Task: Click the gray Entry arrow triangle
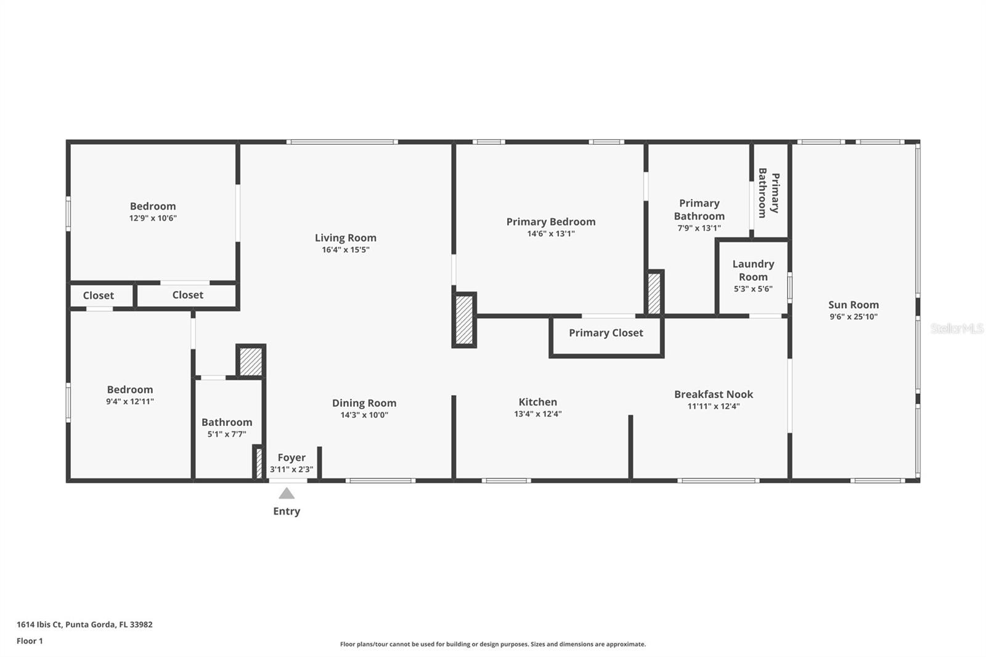pyautogui.click(x=287, y=493)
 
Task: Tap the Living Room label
pyautogui.click(x=345, y=238)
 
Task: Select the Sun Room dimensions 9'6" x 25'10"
pyautogui.click(x=853, y=317)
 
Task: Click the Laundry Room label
pyautogui.click(x=753, y=270)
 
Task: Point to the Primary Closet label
pyautogui.click(x=606, y=333)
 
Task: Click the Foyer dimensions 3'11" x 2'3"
pyautogui.click(x=291, y=470)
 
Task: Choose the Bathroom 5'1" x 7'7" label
pyautogui.click(x=227, y=422)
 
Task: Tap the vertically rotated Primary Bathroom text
pyautogui.click(x=768, y=193)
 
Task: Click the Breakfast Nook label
pyautogui.click(x=714, y=394)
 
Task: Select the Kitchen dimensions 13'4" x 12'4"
pyautogui.click(x=537, y=414)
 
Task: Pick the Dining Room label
pyautogui.click(x=364, y=403)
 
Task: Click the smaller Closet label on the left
pyautogui.click(x=99, y=296)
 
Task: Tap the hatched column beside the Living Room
pyautogui.click(x=464, y=320)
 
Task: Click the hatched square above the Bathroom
pyautogui.click(x=251, y=361)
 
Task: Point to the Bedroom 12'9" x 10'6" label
pyautogui.click(x=153, y=206)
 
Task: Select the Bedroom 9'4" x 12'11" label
pyautogui.click(x=130, y=390)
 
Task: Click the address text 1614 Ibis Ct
pyautogui.click(x=84, y=624)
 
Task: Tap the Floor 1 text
pyautogui.click(x=30, y=641)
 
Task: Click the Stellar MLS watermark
pyautogui.click(x=956, y=328)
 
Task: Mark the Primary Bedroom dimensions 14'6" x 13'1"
pyautogui.click(x=551, y=234)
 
